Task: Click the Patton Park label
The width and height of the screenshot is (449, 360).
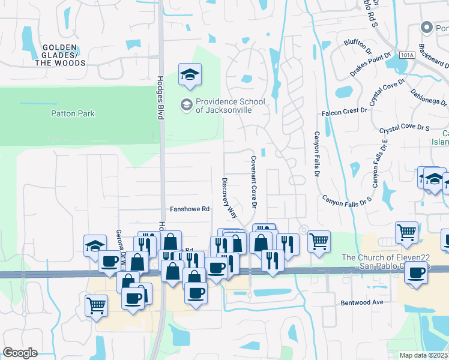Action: tap(73, 113)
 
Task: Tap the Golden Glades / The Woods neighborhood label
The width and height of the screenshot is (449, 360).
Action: tap(59, 55)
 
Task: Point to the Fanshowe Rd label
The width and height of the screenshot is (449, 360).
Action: tap(189, 209)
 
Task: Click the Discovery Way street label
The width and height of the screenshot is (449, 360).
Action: tap(229, 197)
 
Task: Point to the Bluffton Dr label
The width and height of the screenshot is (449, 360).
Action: tap(359, 43)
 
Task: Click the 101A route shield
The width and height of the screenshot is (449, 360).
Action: tap(406, 55)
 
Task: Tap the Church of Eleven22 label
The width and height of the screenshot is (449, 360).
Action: tap(395, 262)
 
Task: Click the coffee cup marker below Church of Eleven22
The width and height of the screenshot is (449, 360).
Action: tap(416, 273)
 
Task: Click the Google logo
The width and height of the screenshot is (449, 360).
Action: tap(20, 353)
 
